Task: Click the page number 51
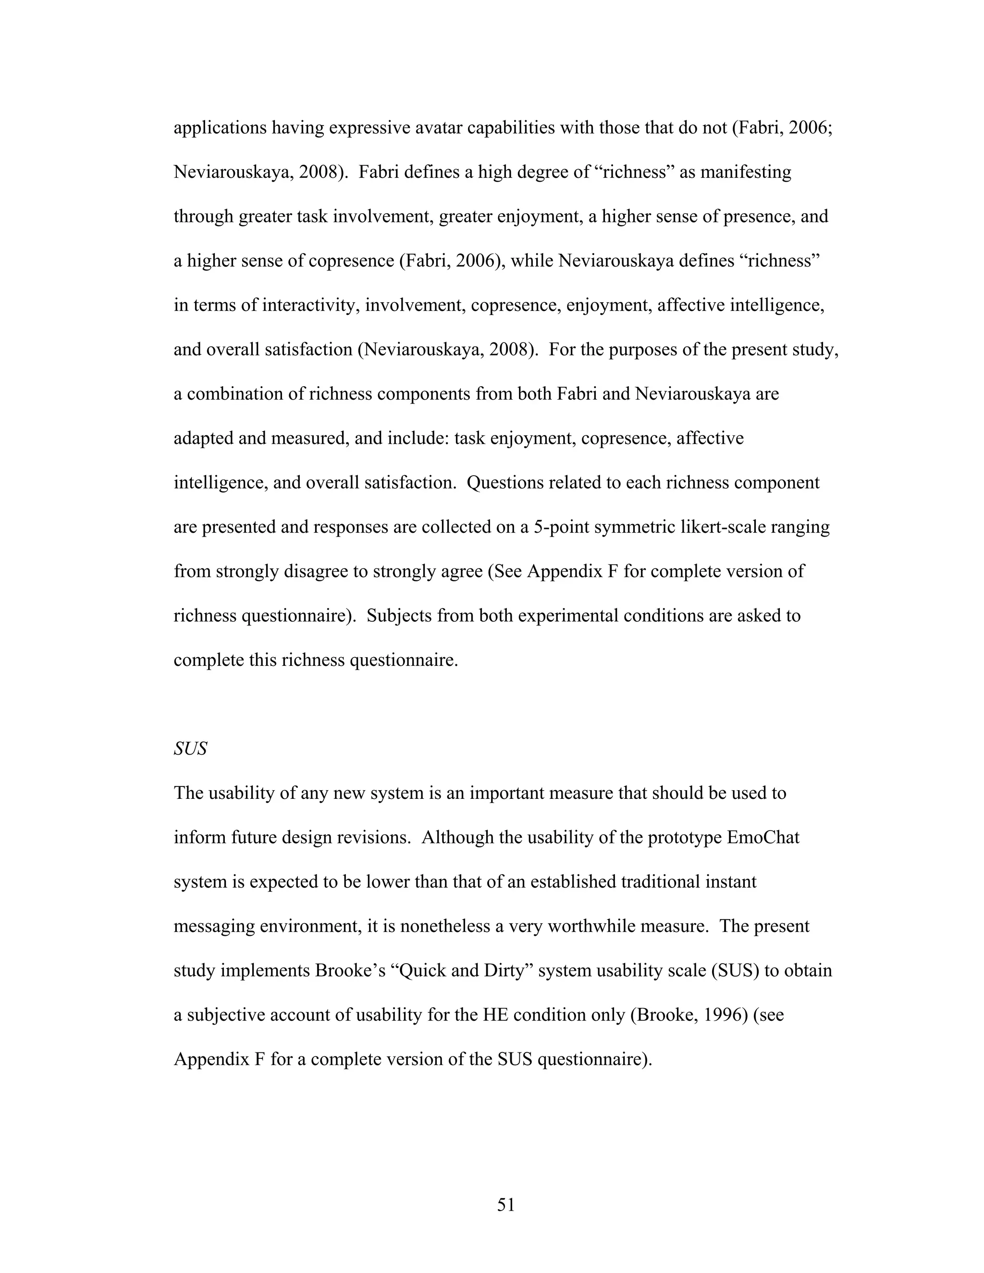(505, 1204)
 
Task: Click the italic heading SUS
(190, 748)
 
